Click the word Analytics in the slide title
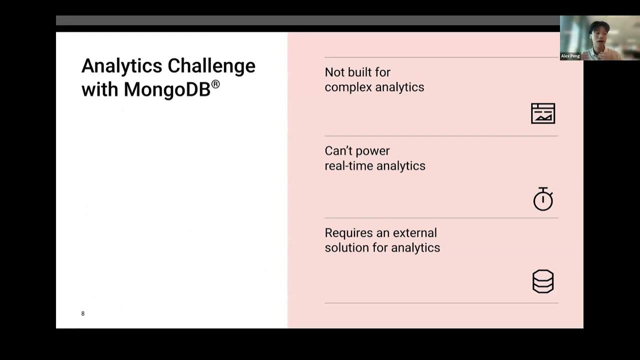pos(122,66)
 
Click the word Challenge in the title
pos(211,66)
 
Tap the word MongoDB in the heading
pos(166,89)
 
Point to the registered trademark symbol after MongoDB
pos(215,84)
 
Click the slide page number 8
pos(83,313)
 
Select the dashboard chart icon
pos(543,113)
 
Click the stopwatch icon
pos(543,199)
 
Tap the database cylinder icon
pos(543,281)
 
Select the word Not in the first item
pos(334,72)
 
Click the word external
pos(414,233)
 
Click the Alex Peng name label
pos(570,56)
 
